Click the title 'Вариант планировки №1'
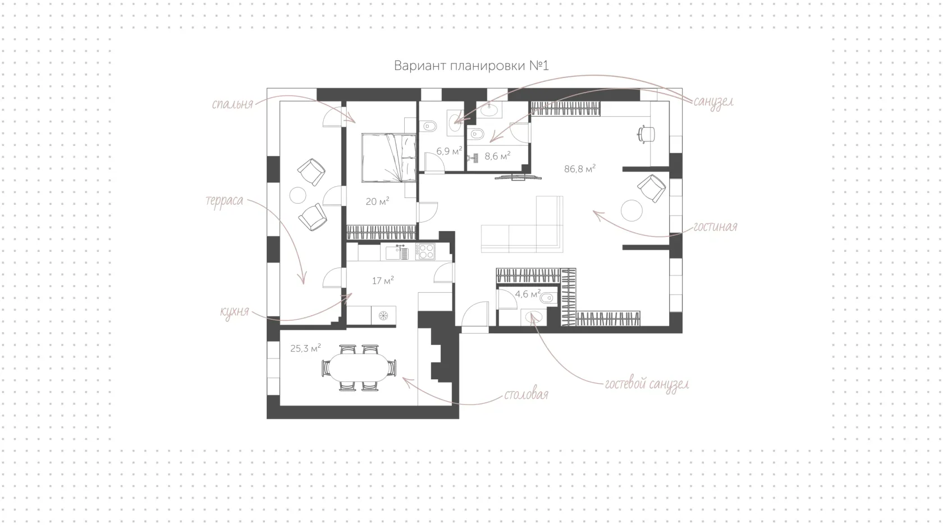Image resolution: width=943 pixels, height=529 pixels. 471,66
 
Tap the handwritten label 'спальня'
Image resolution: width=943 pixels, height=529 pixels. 232,104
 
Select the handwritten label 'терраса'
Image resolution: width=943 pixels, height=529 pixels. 225,201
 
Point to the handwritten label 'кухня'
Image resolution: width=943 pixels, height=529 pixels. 235,312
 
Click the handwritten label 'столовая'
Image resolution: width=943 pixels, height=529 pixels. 527,394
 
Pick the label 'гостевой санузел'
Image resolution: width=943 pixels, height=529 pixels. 647,384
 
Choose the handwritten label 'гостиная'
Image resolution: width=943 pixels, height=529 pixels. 715,227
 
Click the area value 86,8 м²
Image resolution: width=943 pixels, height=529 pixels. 580,169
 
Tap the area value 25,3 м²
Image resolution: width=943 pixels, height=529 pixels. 305,348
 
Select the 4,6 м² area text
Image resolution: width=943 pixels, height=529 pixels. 528,294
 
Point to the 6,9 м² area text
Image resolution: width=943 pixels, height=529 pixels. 449,151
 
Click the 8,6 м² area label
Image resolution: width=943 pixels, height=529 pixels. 497,156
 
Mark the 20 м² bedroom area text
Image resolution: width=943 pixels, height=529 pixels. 377,201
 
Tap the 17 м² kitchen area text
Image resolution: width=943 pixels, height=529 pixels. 383,280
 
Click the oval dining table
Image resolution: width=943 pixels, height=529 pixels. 359,368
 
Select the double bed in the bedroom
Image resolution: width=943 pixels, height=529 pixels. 389,158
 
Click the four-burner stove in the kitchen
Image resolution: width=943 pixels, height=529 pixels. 425,252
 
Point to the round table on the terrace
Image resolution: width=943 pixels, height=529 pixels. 298,195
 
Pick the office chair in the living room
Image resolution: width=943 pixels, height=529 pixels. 646,134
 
